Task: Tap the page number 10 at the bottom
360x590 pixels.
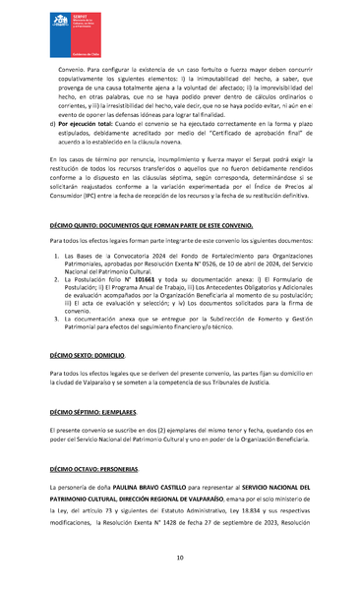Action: click(x=180, y=558)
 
